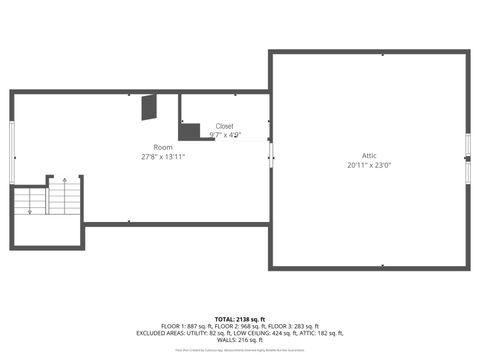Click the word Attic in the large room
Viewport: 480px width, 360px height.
[x=369, y=156]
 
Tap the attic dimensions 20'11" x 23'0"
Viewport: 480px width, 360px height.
[x=369, y=166]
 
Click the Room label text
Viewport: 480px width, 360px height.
[x=149, y=147]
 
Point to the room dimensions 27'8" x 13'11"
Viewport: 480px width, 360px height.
[x=163, y=157]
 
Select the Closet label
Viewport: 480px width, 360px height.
[x=225, y=126]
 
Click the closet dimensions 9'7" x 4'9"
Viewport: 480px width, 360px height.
[x=225, y=135]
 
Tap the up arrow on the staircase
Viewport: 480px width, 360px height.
[x=65, y=181]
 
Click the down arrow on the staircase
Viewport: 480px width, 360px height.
[x=31, y=210]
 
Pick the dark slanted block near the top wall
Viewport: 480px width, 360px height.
[x=149, y=106]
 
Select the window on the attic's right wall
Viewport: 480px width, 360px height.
[x=467, y=160]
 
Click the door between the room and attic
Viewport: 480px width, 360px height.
[x=270, y=150]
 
